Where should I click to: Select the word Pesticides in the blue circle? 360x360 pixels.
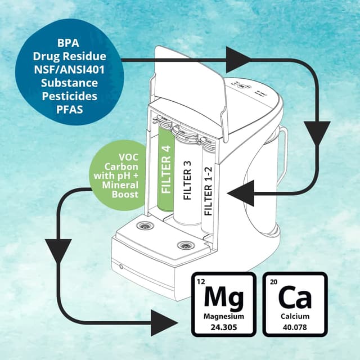tap(69, 96)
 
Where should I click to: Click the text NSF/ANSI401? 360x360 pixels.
tap(69, 69)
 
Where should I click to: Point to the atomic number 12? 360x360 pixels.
tap(202, 281)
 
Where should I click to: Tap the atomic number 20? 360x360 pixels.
tap(274, 281)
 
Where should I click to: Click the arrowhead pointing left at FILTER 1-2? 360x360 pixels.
tap(241, 194)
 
